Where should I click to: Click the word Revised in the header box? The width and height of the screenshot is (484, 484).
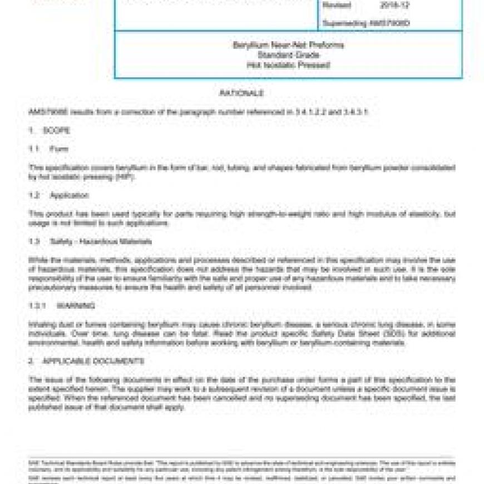[337, 6]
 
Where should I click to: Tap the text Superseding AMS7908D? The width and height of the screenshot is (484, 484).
[366, 23]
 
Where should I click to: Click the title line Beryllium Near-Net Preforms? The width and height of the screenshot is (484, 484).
[288, 45]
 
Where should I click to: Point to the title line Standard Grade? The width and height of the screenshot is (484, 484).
[288, 55]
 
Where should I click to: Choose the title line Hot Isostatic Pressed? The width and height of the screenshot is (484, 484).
[288, 65]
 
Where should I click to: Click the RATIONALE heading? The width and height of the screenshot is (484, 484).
[241, 93]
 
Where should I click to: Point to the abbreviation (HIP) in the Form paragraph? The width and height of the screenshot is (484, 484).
[125, 177]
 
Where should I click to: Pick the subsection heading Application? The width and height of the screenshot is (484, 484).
[69, 195]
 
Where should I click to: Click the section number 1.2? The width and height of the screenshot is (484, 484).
[34, 195]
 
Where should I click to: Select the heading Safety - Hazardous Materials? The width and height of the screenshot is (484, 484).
[93, 242]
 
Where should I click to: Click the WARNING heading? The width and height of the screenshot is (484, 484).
[76, 306]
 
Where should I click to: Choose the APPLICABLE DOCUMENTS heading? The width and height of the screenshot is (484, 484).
[93, 361]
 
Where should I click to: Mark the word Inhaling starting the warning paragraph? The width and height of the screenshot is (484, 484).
[41, 324]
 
